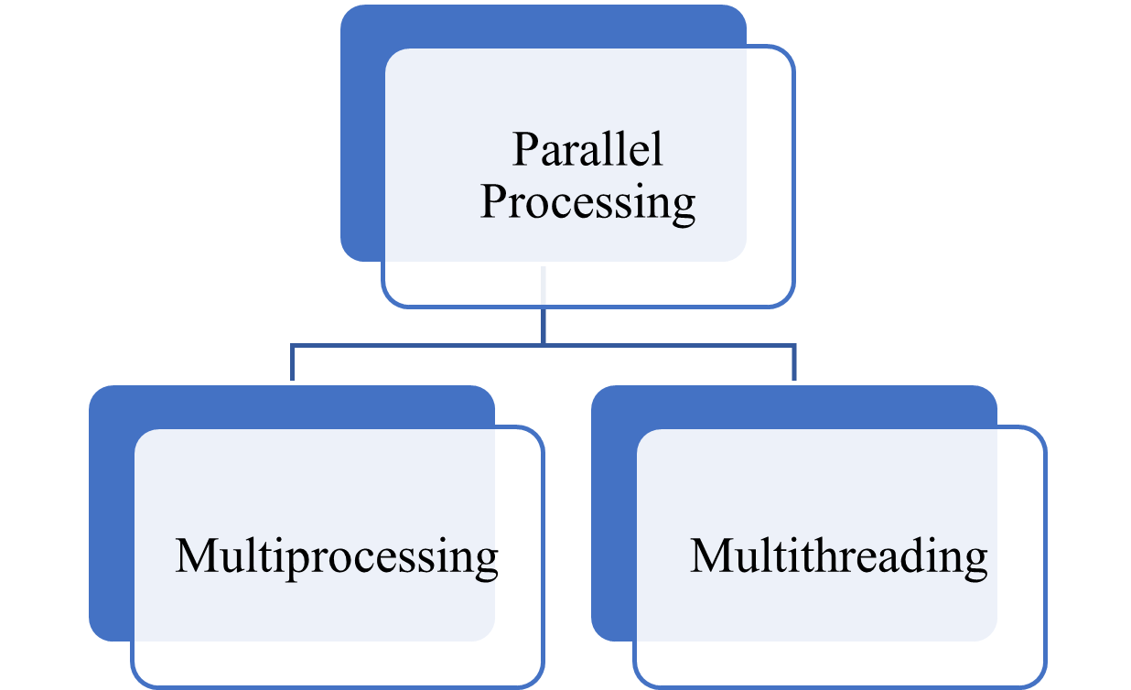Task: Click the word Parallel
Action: point(587,149)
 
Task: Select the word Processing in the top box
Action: point(587,202)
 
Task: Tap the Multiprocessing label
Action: point(336,556)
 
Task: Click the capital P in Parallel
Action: point(525,150)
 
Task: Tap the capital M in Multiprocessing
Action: point(195,556)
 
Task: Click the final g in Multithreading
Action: point(975,560)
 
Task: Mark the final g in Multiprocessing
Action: point(486,560)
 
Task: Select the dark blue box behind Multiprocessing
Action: point(111,512)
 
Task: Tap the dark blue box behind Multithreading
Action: point(612,512)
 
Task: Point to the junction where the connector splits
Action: point(544,345)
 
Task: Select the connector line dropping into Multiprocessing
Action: point(293,363)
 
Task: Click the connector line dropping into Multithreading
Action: point(794,363)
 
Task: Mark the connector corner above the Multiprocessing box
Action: point(293,345)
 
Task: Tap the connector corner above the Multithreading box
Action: point(794,345)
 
